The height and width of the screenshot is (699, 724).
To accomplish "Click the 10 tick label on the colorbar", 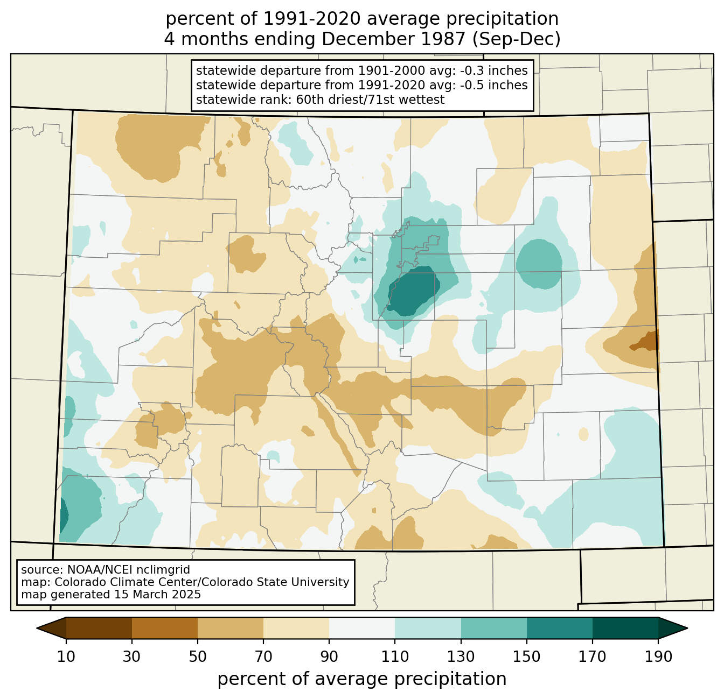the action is click(x=66, y=656).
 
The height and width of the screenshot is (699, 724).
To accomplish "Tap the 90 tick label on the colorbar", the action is click(x=329, y=656).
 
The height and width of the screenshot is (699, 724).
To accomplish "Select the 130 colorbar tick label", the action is click(x=461, y=656).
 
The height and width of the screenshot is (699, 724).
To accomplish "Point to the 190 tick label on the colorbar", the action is click(x=658, y=656).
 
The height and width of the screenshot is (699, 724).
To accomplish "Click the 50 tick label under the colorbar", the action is click(x=198, y=656).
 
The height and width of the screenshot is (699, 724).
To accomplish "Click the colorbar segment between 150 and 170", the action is click(x=559, y=628).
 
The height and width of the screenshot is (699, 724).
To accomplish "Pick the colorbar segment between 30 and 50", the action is click(x=164, y=628).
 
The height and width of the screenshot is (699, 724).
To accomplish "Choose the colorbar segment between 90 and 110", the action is click(x=362, y=628).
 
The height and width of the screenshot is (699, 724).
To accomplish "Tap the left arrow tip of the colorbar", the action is click(x=37, y=628).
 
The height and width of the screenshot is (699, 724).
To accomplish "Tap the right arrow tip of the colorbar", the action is click(x=687, y=628).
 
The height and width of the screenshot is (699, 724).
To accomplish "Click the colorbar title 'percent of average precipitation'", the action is click(x=362, y=679).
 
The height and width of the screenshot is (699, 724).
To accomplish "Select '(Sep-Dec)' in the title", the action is click(x=516, y=39).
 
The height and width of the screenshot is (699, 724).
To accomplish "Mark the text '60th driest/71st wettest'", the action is click(x=370, y=100).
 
